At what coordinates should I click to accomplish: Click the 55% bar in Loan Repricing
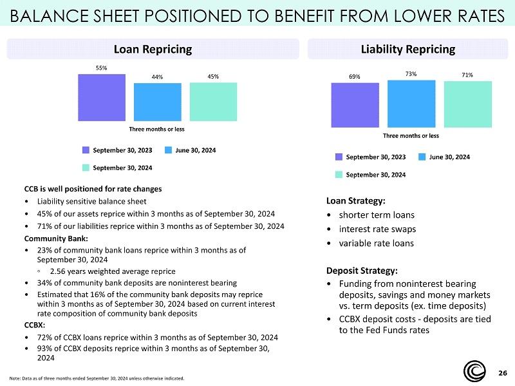pyautogui.click(x=102, y=97)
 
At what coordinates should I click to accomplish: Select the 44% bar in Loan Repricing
pyautogui.click(x=157, y=102)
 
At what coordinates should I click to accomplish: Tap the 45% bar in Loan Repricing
pyautogui.click(x=213, y=101)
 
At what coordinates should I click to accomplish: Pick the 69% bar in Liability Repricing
pyautogui.click(x=355, y=105)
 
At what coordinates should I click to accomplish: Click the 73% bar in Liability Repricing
pyautogui.click(x=411, y=103)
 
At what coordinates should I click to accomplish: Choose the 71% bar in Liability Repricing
pyautogui.click(x=468, y=104)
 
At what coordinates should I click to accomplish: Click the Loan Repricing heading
pyautogui.click(x=153, y=49)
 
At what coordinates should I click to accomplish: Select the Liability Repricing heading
pyautogui.click(x=410, y=49)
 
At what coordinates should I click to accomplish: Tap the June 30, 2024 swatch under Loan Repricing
pyautogui.click(x=168, y=150)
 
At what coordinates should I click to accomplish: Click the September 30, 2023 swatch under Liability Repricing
pyautogui.click(x=339, y=157)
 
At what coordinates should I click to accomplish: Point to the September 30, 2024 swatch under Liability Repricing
pyautogui.click(x=339, y=175)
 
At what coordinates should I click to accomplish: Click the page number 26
pyautogui.click(x=503, y=373)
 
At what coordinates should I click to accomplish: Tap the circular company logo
pyautogui.click(x=477, y=371)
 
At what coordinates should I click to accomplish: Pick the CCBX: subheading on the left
pyautogui.click(x=35, y=325)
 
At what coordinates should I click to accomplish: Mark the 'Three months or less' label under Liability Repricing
pyautogui.click(x=411, y=135)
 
